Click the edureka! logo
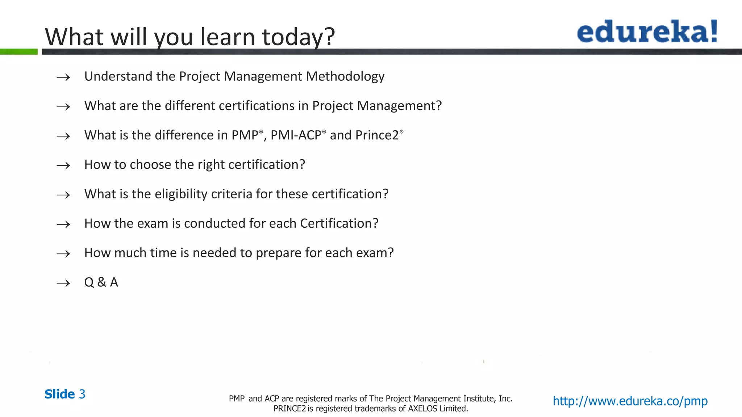tap(647, 32)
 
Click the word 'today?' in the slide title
tap(299, 37)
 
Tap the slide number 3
tap(82, 394)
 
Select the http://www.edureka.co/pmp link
tap(630, 401)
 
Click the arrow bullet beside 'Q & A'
tap(63, 283)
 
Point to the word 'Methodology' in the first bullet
tap(345, 76)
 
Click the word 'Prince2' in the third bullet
tap(377, 135)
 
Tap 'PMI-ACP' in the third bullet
tap(296, 135)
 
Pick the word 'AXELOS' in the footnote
tap(422, 409)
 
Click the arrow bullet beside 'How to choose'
tap(63, 166)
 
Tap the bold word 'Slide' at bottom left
tap(59, 394)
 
